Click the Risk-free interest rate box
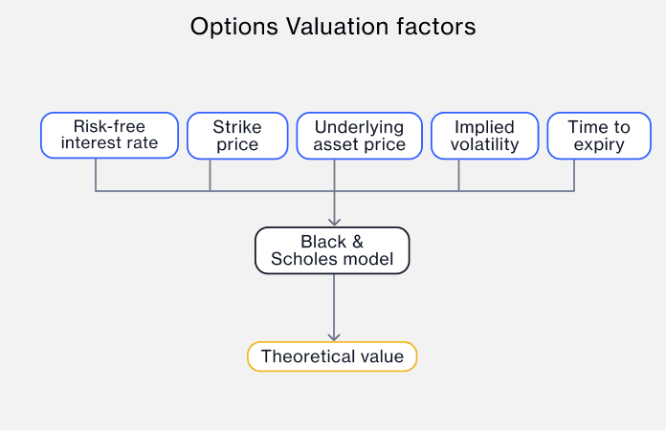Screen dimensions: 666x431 (x=109, y=136)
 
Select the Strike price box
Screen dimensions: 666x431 (x=237, y=136)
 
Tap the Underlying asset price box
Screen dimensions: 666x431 (x=360, y=136)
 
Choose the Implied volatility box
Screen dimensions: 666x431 (x=484, y=136)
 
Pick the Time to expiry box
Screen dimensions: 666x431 (x=599, y=136)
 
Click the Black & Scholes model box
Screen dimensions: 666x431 (x=332, y=250)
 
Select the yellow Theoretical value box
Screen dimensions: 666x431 (x=332, y=356)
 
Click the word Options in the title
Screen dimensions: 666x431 (x=234, y=27)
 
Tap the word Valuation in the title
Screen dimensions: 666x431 (x=337, y=27)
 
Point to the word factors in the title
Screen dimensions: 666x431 (x=436, y=27)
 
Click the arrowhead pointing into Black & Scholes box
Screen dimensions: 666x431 (x=334, y=222)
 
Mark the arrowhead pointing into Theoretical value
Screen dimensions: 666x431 (x=334, y=336)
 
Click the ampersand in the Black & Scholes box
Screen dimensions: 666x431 (x=358, y=242)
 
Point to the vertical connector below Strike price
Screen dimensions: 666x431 (x=210, y=175)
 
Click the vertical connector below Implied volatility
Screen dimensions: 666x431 (x=458, y=175)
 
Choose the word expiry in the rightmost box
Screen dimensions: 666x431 (x=599, y=145)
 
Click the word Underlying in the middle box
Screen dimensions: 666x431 (x=360, y=127)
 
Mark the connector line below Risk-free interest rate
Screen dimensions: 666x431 (x=96, y=175)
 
